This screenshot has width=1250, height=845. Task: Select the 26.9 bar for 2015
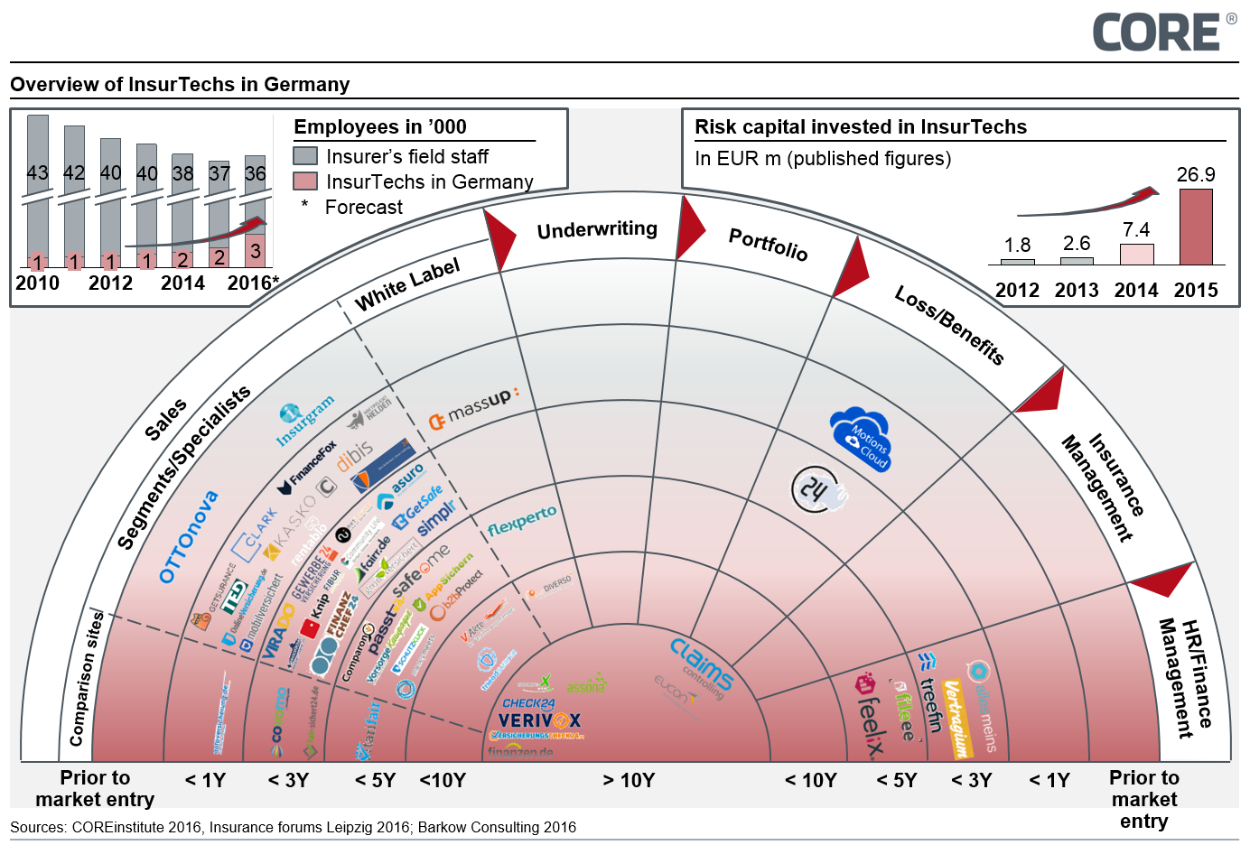1196,227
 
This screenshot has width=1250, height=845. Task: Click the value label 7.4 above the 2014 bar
1136,230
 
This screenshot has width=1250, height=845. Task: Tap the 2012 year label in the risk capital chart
1017,290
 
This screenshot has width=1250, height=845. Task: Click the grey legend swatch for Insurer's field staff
305,156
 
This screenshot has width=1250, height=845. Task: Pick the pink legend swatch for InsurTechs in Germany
305,181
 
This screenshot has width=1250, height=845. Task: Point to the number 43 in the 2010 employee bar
38,172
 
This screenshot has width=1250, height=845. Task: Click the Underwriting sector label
597,229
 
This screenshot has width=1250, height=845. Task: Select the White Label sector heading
407,283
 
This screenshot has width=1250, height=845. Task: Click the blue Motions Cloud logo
861,439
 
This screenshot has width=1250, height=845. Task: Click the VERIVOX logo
539,720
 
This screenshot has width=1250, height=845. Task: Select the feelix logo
869,713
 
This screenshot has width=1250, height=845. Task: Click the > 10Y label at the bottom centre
629,780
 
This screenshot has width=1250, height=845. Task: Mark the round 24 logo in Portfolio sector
815,489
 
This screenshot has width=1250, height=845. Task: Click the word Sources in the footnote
37,827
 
